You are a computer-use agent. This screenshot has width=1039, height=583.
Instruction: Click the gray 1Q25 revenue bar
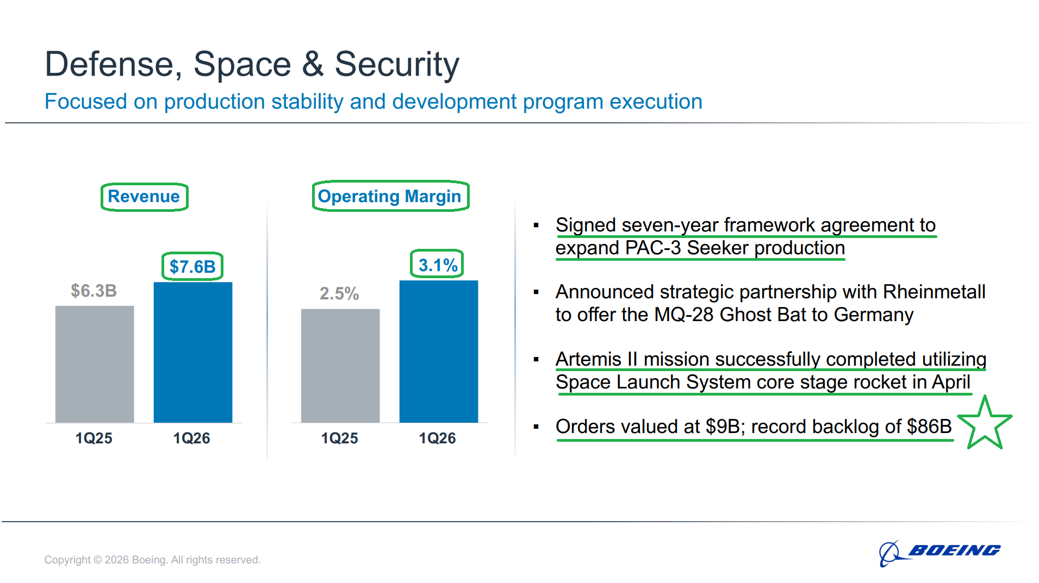pyautogui.click(x=95, y=364)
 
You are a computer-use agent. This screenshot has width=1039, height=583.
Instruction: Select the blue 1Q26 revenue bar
pyautogui.click(x=193, y=352)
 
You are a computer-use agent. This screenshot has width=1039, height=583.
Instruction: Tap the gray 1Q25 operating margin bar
pyautogui.click(x=340, y=366)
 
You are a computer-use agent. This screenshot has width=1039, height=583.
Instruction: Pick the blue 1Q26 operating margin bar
pyautogui.click(x=439, y=352)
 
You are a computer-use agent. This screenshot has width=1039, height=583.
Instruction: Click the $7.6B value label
pyautogui.click(x=192, y=267)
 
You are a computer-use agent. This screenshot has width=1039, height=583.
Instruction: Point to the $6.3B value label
pyautogui.click(x=94, y=291)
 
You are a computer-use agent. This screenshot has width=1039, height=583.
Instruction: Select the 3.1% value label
pyautogui.click(x=438, y=265)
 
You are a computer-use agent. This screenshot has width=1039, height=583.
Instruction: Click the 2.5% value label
pyautogui.click(x=339, y=293)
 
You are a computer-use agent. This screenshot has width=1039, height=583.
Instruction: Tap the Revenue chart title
pyautogui.click(x=144, y=197)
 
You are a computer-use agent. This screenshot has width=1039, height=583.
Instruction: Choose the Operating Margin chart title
pyautogui.click(x=390, y=196)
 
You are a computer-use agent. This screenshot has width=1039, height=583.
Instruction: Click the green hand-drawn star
pyautogui.click(x=985, y=424)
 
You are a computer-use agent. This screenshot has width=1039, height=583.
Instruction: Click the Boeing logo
pyautogui.click(x=940, y=552)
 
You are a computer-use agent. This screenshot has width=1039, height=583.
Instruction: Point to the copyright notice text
pyautogui.click(x=152, y=560)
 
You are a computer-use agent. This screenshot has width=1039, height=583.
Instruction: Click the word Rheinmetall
pyautogui.click(x=934, y=292)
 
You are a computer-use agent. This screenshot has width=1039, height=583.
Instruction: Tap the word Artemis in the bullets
pyautogui.click(x=588, y=360)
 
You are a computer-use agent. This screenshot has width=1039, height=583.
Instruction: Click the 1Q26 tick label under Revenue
pyautogui.click(x=191, y=438)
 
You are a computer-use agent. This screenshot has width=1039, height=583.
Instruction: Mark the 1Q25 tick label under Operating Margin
pyautogui.click(x=339, y=438)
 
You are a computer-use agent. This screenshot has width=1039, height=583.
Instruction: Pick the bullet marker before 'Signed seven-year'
pyautogui.click(x=536, y=225)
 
